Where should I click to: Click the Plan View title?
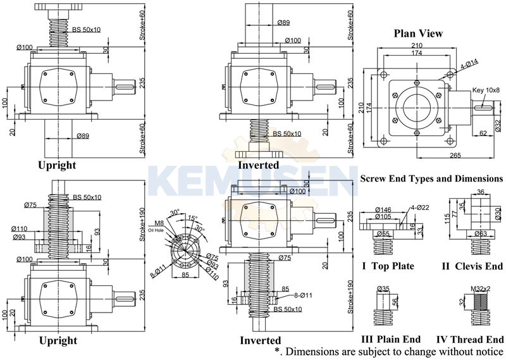pos(418,34)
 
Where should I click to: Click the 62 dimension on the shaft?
pos(483,133)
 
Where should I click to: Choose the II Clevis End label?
pos(472,266)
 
